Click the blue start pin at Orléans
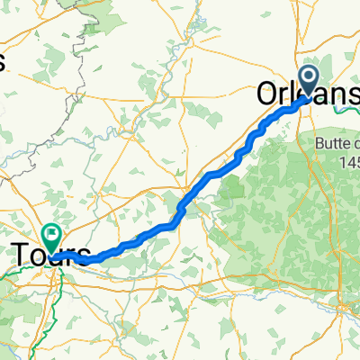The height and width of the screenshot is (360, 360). click(308, 81)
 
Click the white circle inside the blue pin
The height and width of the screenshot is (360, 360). click(308, 77)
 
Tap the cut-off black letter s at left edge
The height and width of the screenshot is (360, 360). click(3, 61)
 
